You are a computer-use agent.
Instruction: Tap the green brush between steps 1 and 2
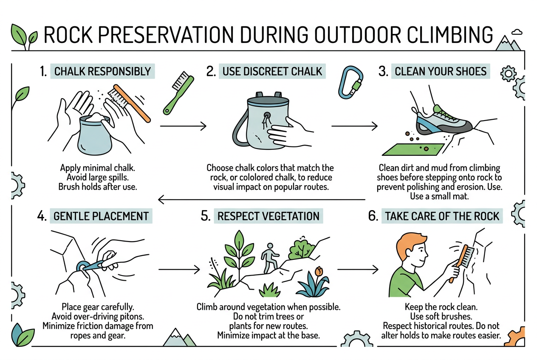coord(178,93)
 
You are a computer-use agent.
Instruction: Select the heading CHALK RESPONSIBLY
coord(102,71)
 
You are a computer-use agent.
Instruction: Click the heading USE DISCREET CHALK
coord(272,71)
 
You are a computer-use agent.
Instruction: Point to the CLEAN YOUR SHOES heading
coord(441,71)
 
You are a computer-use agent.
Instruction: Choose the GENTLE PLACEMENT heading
coord(101,216)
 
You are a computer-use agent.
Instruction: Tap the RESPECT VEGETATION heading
coord(268,216)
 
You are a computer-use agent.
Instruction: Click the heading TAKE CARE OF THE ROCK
coord(442,216)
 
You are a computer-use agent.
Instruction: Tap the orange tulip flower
coord(319,271)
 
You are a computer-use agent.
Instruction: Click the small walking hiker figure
coord(270,258)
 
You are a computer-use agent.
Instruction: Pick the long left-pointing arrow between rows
coord(262,199)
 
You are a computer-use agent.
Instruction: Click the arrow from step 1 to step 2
coord(183,126)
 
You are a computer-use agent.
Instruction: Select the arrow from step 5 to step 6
coord(358,270)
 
